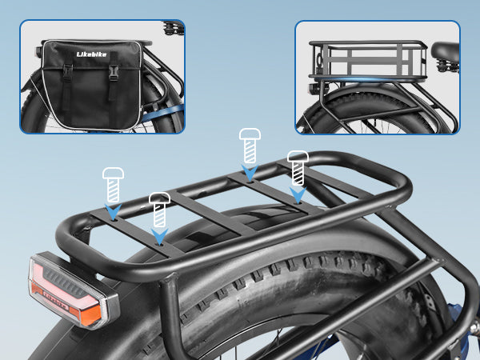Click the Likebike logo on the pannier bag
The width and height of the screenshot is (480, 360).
[x=91, y=54]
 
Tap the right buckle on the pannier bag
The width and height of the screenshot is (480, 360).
[x=114, y=74]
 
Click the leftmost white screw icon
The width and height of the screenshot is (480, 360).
[x=114, y=185]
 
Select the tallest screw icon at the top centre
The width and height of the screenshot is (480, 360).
[x=250, y=146]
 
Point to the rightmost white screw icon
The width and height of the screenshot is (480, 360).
[x=298, y=168]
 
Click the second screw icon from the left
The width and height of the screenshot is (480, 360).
[x=159, y=210]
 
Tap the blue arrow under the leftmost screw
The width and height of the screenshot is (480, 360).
[x=113, y=211]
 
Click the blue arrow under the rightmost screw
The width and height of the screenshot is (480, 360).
[x=298, y=195]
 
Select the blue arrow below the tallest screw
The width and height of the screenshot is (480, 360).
[x=250, y=173]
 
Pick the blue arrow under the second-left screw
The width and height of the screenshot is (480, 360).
[x=159, y=237]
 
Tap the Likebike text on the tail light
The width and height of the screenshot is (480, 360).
[x=56, y=301]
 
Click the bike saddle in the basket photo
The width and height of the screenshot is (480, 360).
[x=446, y=51]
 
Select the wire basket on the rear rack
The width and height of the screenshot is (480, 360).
[x=368, y=61]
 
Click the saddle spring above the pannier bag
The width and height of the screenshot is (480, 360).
[x=174, y=29]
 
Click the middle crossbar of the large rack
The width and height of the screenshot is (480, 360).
[x=212, y=213]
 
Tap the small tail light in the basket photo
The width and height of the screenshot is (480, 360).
[x=314, y=89]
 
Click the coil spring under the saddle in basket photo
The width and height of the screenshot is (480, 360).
[x=447, y=66]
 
